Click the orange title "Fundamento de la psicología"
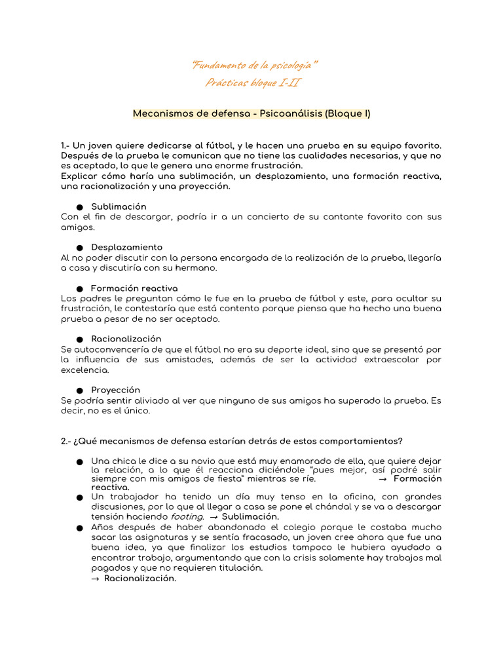coord(254,65)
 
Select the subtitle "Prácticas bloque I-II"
coord(253,82)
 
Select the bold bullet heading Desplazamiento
coord(126,247)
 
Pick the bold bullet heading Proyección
coord(115,390)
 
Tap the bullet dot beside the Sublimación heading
coord(79,207)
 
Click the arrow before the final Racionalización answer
coord(95,578)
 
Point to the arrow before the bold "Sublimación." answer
coord(214,516)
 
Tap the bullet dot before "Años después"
coord(79,527)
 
